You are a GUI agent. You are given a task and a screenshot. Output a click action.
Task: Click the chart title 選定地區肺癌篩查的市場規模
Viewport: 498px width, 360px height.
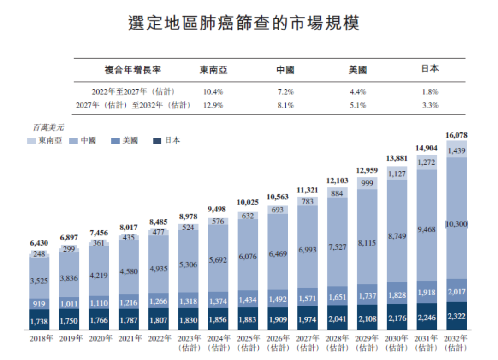coord(243,23)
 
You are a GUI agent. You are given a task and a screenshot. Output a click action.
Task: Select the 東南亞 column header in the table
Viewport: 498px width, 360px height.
coord(213,70)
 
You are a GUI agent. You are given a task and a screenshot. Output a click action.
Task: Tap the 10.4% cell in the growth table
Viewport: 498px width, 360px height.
coord(213,92)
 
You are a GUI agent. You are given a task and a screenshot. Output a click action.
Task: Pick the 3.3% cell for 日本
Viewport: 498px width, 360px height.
coord(430,105)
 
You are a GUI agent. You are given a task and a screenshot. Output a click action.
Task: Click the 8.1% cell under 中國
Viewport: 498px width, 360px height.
coord(285,105)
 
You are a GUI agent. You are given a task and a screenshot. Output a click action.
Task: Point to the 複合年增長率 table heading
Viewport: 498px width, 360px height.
coord(133,70)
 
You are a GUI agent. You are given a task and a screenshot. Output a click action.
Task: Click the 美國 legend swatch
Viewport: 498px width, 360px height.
coord(115,141)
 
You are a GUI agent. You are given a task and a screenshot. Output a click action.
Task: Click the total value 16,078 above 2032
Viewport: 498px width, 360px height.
coord(456,135)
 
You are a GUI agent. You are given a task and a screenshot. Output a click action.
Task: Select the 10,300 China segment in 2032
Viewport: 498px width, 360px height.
coord(456,224)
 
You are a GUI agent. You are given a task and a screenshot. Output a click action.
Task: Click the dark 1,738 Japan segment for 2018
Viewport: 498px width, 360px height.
coord(40,320)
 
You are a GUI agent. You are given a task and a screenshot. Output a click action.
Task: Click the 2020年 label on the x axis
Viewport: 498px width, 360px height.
coord(100,338)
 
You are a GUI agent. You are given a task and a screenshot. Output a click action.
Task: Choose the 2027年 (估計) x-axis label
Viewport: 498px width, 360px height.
coord(308,342)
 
